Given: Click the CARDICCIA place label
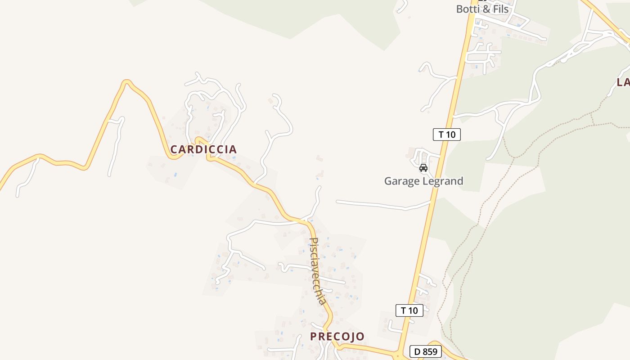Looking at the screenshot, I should coord(203,149).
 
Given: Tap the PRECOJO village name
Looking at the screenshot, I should coord(337,337).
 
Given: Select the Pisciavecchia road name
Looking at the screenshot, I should coord(318,271).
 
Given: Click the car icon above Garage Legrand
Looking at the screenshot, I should coord(423,168).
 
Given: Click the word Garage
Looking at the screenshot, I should coord(401,181).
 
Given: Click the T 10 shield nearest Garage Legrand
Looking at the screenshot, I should coord(446,134).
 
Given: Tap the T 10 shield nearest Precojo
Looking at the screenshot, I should coord(409,310).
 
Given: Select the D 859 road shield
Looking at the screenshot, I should coord(425,351).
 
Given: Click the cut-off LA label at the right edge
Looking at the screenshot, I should coord(623,82).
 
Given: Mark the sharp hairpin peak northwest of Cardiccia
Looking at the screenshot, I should coord(127,81).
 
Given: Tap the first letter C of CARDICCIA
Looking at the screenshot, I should coord(174,149).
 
